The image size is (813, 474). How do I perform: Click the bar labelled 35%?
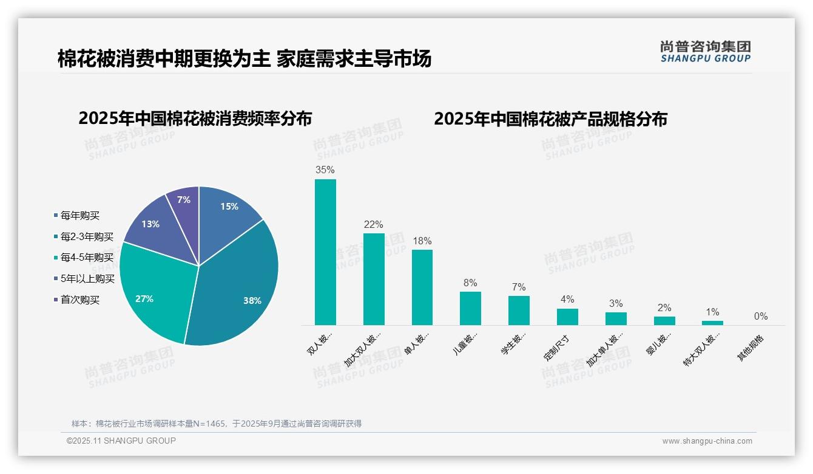point(325,252)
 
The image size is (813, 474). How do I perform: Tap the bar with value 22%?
point(374,280)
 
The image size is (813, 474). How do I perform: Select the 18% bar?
point(422,287)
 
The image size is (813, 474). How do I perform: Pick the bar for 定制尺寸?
point(567,317)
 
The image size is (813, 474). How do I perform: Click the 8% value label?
point(470,283)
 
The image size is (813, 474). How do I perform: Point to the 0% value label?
point(761,316)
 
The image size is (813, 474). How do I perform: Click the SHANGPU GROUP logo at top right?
point(706,51)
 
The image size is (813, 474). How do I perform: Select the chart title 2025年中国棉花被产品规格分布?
point(550,118)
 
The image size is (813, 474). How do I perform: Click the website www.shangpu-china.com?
point(707,441)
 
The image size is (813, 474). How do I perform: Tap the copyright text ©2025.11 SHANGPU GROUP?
point(121,441)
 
